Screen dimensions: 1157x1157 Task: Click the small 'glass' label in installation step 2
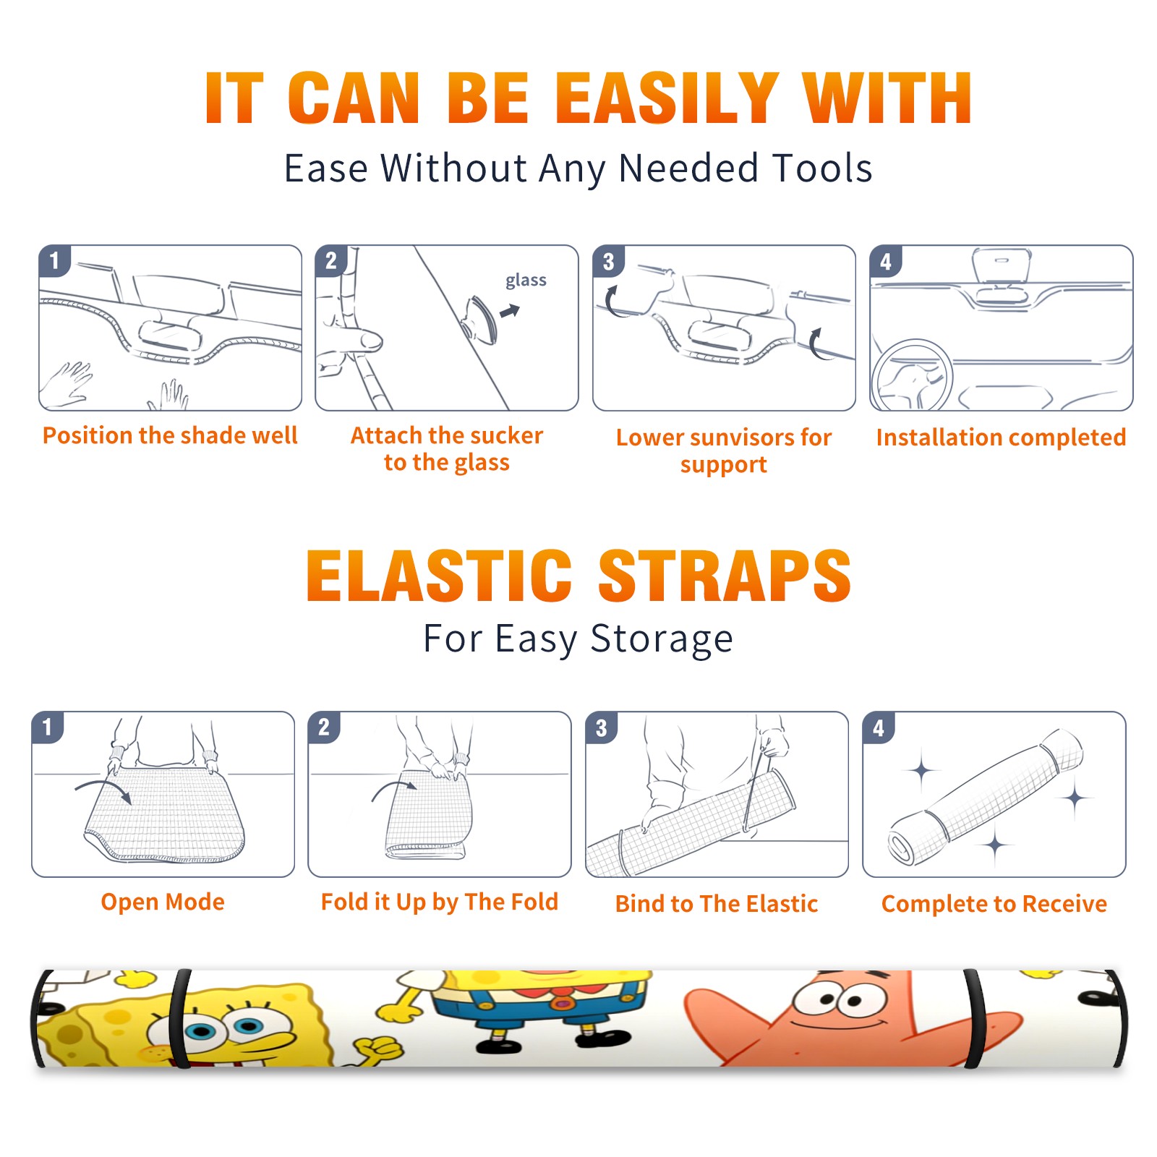(x=526, y=281)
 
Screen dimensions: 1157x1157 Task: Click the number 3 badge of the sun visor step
(x=609, y=261)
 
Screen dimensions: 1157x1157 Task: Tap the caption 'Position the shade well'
(x=170, y=435)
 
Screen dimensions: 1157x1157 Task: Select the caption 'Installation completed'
(x=1001, y=437)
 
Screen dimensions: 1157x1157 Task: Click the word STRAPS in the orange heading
(x=725, y=576)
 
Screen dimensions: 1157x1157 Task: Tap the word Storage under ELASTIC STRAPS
(x=662, y=640)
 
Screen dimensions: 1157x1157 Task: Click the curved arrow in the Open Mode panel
(x=103, y=789)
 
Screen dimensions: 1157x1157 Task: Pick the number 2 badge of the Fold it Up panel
(x=324, y=727)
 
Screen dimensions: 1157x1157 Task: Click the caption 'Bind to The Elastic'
(x=717, y=903)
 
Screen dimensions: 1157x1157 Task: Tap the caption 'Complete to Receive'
(x=994, y=903)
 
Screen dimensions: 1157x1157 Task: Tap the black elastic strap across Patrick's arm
(x=973, y=1018)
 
